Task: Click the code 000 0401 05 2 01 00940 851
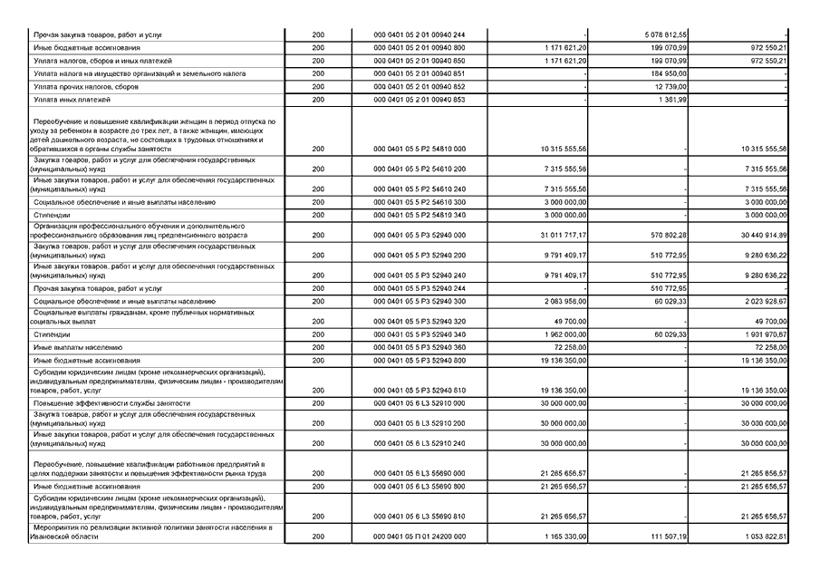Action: point(420,72)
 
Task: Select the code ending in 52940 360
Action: point(420,347)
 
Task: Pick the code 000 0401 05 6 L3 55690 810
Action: point(420,517)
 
